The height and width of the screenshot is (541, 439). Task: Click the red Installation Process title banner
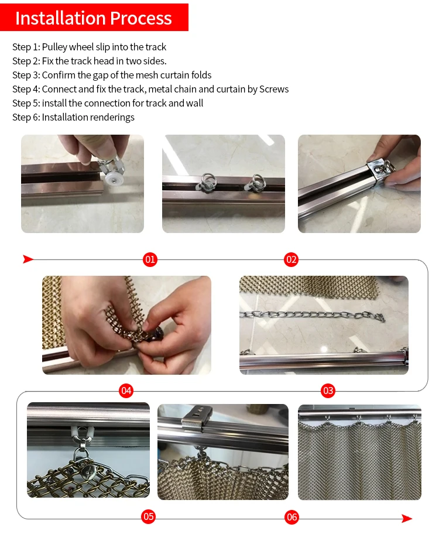click(x=94, y=17)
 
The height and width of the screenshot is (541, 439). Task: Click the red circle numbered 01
click(x=150, y=259)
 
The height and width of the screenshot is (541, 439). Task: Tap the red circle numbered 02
click(x=291, y=259)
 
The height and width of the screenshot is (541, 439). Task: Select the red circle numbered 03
click(x=328, y=391)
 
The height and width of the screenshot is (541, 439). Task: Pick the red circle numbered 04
click(x=126, y=391)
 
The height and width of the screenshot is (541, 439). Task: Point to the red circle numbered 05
click(x=148, y=516)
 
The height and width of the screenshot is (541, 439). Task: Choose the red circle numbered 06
click(x=291, y=517)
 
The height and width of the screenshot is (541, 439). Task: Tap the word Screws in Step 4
click(x=274, y=89)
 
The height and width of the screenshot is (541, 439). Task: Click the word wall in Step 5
click(x=195, y=103)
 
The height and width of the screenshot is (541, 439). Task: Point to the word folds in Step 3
click(x=201, y=75)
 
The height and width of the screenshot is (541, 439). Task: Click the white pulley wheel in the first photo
click(x=112, y=178)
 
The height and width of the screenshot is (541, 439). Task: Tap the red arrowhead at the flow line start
click(x=28, y=259)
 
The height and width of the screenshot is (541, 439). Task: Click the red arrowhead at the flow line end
click(x=407, y=518)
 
